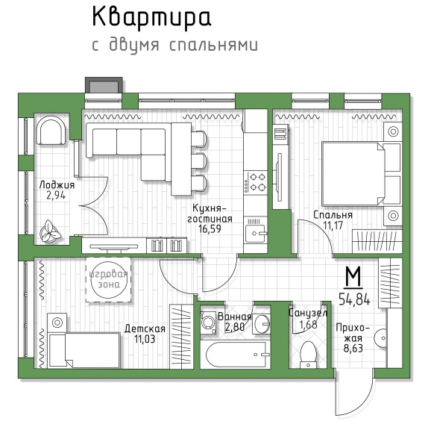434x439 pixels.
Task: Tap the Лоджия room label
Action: tap(57, 185)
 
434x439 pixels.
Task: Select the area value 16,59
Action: tap(210, 229)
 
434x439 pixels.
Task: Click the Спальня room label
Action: tap(333, 215)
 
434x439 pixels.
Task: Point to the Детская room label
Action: tap(145, 329)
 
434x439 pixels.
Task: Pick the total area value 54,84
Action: tap(354, 299)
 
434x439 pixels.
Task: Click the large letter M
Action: tap(353, 276)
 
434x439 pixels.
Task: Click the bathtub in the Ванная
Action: tap(236, 355)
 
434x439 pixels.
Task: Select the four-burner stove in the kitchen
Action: tap(255, 182)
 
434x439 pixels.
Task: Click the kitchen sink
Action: tap(256, 234)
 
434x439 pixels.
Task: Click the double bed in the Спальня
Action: tap(362, 173)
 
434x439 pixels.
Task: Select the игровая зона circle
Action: tap(108, 280)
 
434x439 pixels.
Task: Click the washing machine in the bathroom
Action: tap(208, 323)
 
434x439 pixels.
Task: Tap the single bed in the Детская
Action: tap(84, 350)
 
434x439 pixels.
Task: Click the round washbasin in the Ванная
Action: tap(262, 324)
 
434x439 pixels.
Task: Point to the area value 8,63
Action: tap(353, 349)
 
